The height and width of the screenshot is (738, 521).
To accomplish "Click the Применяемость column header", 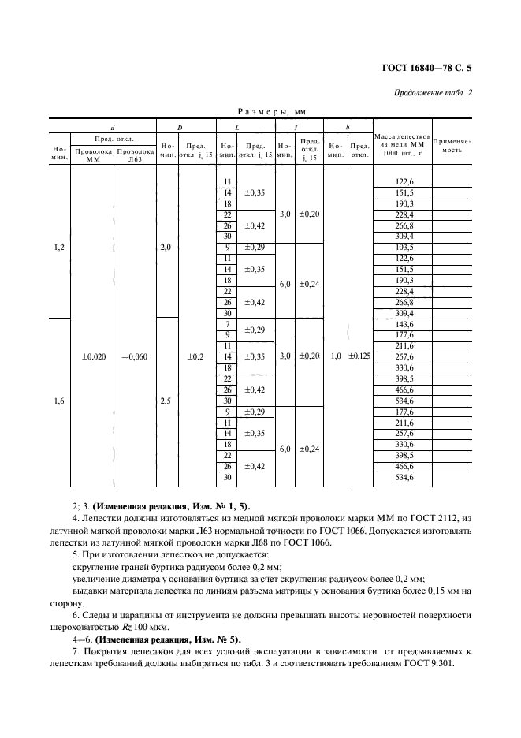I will [452, 145].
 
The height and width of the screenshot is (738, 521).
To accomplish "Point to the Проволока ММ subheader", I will [93, 154].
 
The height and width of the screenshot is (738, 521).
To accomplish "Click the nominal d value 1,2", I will [59, 248].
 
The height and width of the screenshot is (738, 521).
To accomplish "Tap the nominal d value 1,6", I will [59, 401].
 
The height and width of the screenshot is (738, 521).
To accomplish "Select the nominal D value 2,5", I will [165, 401].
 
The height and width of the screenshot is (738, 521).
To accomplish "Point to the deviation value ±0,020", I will [93, 356].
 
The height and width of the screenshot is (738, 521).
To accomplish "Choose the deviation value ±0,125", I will [359, 356].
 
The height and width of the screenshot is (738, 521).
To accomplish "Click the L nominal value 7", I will [227, 324].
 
